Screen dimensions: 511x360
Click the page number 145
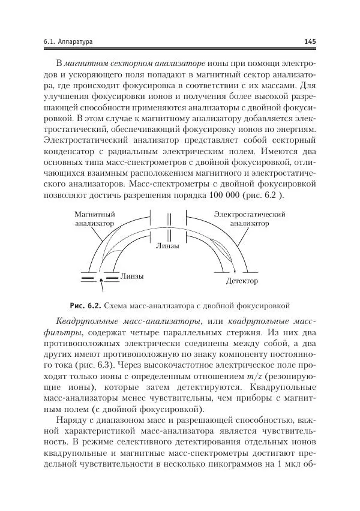(x=310, y=41)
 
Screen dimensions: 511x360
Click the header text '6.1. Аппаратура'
(x=68, y=41)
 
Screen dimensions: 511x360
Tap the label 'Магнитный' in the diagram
(x=94, y=214)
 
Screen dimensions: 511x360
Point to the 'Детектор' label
(x=242, y=281)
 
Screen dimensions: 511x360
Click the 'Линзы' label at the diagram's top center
(x=167, y=247)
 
